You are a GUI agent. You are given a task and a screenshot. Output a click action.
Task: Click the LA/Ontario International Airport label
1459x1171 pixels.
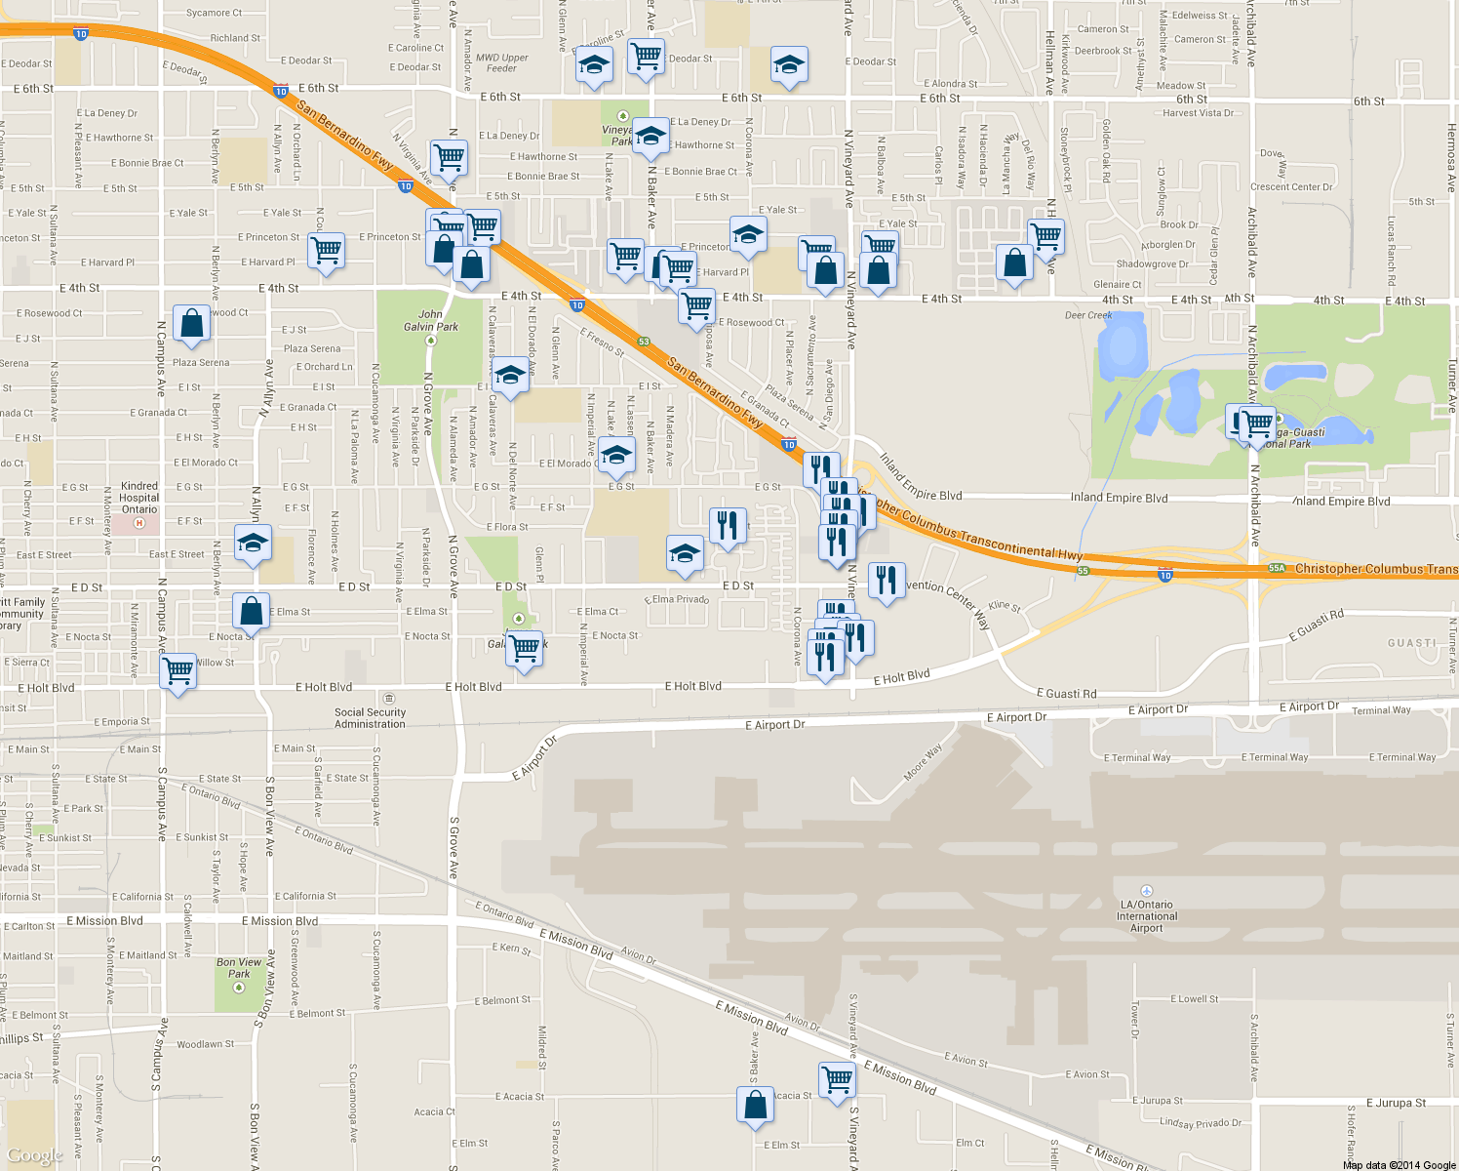tap(1147, 915)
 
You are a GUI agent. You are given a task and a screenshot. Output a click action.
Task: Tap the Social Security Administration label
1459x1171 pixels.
tap(370, 718)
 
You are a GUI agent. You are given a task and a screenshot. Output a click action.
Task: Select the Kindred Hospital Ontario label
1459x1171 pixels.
tap(139, 498)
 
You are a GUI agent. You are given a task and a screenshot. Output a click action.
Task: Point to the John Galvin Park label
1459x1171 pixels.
tap(431, 320)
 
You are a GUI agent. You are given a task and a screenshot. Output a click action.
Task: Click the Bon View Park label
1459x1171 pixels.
tap(239, 968)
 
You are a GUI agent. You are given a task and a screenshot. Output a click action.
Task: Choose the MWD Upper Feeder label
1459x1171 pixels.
tap(501, 62)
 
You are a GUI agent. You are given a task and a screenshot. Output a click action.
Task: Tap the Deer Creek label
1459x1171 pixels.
tap(1088, 315)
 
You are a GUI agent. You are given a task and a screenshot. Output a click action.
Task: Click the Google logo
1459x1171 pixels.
tap(34, 1155)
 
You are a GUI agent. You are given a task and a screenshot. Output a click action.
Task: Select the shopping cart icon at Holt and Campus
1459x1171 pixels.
tap(178, 671)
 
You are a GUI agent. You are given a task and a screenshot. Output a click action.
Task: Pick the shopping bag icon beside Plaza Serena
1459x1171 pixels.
tap(192, 323)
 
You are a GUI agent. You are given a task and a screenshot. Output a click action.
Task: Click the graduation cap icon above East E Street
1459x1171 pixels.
tap(253, 543)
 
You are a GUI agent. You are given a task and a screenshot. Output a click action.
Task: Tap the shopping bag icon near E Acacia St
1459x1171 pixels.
tap(756, 1106)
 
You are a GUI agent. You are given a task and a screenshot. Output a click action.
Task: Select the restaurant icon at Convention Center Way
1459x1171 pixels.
tap(887, 581)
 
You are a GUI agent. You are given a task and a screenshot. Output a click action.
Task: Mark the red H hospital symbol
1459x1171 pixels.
tap(138, 523)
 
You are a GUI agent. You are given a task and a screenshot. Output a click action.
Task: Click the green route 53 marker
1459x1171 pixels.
tap(644, 342)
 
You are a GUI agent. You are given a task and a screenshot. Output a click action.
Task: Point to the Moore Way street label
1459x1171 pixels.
tap(923, 762)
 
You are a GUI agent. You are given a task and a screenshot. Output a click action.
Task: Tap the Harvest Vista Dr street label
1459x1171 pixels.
tap(1198, 113)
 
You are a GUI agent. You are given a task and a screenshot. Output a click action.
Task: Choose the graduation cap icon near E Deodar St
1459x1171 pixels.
tap(788, 65)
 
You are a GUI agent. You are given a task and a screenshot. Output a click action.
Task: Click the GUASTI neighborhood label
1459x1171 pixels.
tap(1411, 643)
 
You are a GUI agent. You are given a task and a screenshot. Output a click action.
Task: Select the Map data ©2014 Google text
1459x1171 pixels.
tap(1399, 1165)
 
